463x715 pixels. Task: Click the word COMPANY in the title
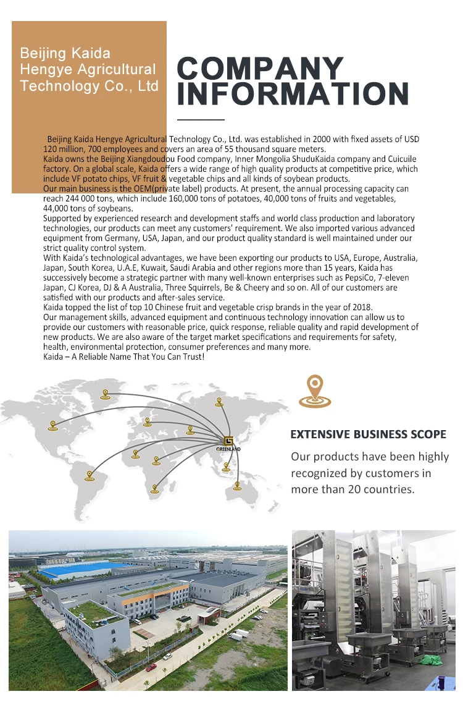[x=260, y=69]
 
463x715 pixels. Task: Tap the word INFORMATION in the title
[x=293, y=94]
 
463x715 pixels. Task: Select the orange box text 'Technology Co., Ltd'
[x=90, y=86]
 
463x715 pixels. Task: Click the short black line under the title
[x=201, y=119]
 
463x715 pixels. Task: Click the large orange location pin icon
[x=315, y=392]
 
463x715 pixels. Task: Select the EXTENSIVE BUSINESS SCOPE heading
[x=368, y=434]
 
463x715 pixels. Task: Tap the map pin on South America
[x=90, y=475]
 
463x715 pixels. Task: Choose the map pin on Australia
[x=237, y=485]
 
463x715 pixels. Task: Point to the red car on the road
[x=151, y=667]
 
